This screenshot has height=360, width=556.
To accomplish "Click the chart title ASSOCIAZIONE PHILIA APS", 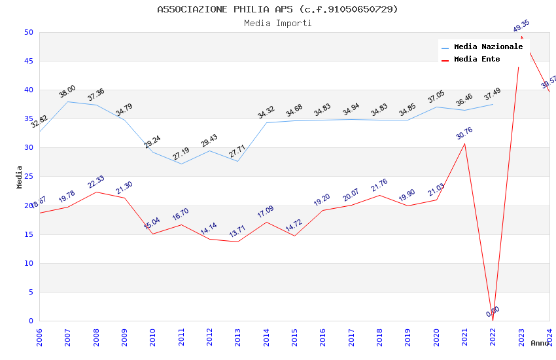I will coord(277,9).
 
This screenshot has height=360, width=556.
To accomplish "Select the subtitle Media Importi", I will coord(277,23).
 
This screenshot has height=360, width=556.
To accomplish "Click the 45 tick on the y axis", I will coord(28,62).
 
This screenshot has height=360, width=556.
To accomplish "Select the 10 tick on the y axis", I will coord(28,264).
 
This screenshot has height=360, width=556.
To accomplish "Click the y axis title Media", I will coord(20,177).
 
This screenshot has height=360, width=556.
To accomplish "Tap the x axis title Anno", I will coord(540,343).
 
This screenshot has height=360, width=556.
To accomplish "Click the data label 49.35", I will coord(521,26).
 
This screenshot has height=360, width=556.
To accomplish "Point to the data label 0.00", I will coord(493,312).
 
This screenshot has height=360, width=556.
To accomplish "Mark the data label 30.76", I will coord(464,134).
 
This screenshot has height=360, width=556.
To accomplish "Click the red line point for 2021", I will coord(464,143).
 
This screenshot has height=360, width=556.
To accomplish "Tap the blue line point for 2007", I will coord(67,101).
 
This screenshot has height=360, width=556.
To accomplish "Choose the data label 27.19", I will coord(181,154).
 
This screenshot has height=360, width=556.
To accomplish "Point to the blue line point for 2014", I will coord(266,123).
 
